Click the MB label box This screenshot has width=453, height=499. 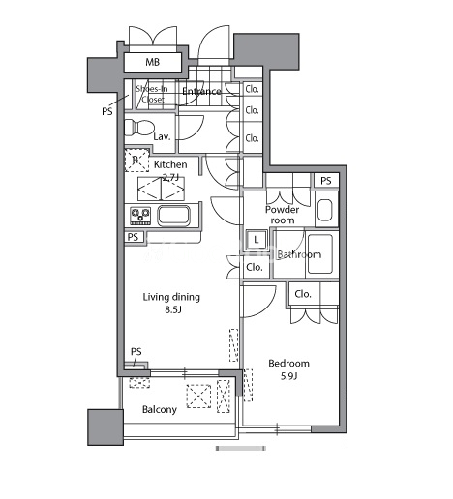click(x=153, y=62)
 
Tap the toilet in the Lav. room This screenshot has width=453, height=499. click(x=138, y=128)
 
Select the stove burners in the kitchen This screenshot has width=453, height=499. click(x=140, y=216)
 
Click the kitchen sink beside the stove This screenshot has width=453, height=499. click(x=173, y=216)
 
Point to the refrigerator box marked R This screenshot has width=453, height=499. click(x=136, y=161)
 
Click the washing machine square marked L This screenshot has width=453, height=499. click(x=257, y=240)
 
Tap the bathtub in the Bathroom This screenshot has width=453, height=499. click(x=320, y=254)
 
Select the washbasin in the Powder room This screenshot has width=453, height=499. click(x=325, y=210)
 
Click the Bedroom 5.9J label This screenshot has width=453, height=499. click(x=288, y=369)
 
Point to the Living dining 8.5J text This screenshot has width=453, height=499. click(x=171, y=303)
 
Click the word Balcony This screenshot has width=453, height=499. click(x=160, y=410)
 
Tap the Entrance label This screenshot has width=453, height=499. click(x=201, y=92)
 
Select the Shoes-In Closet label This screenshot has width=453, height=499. click(x=152, y=94)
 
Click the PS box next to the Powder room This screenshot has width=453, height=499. click(x=326, y=181)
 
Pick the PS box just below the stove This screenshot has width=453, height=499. click(x=133, y=237)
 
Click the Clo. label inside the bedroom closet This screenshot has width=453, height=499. click(x=303, y=294)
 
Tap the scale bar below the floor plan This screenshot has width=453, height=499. click(x=241, y=448)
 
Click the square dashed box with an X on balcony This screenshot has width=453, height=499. click(x=198, y=396)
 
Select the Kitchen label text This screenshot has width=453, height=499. click(x=170, y=164)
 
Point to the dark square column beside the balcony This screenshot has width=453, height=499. click(x=106, y=427)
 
